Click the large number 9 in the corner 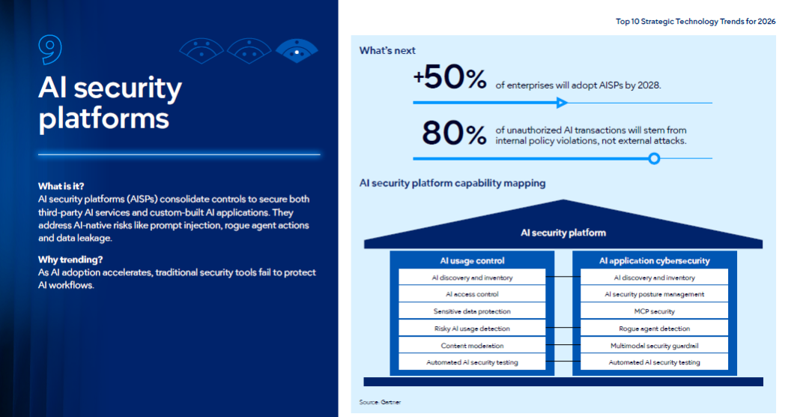(x=50, y=50)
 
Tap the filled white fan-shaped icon (x=297, y=50)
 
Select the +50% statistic (x=450, y=78)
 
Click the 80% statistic (x=454, y=133)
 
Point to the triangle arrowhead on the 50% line (x=562, y=103)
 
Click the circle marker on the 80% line (x=654, y=158)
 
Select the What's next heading (x=387, y=51)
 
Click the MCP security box (x=654, y=311)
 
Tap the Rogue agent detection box (x=654, y=328)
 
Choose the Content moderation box (x=472, y=345)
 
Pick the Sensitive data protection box (x=472, y=311)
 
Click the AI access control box (x=472, y=294)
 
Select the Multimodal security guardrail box (x=654, y=345)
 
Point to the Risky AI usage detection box (x=472, y=328)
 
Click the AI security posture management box (x=654, y=294)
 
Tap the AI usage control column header (x=472, y=261)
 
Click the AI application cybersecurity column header (x=654, y=261)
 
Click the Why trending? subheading (x=70, y=260)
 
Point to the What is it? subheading (x=61, y=187)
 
